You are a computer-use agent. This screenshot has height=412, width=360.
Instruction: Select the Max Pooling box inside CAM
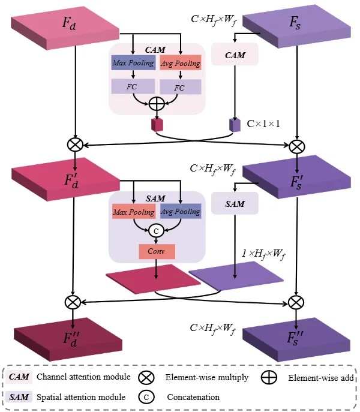[x=133, y=63]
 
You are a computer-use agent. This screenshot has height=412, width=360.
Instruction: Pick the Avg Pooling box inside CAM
[x=180, y=64]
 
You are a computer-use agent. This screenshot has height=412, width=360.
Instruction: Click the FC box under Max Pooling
[x=133, y=86]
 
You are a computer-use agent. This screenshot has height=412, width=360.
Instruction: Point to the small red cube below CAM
[x=157, y=125]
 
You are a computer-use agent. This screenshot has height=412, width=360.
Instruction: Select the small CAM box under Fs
[x=235, y=55]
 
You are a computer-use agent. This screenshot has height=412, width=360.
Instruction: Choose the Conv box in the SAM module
[x=157, y=251]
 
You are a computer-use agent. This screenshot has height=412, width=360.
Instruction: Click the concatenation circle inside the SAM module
[x=157, y=230]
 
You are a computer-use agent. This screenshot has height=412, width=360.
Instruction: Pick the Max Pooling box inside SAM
[x=133, y=212]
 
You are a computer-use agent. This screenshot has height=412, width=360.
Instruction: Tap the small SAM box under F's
[x=235, y=204]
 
